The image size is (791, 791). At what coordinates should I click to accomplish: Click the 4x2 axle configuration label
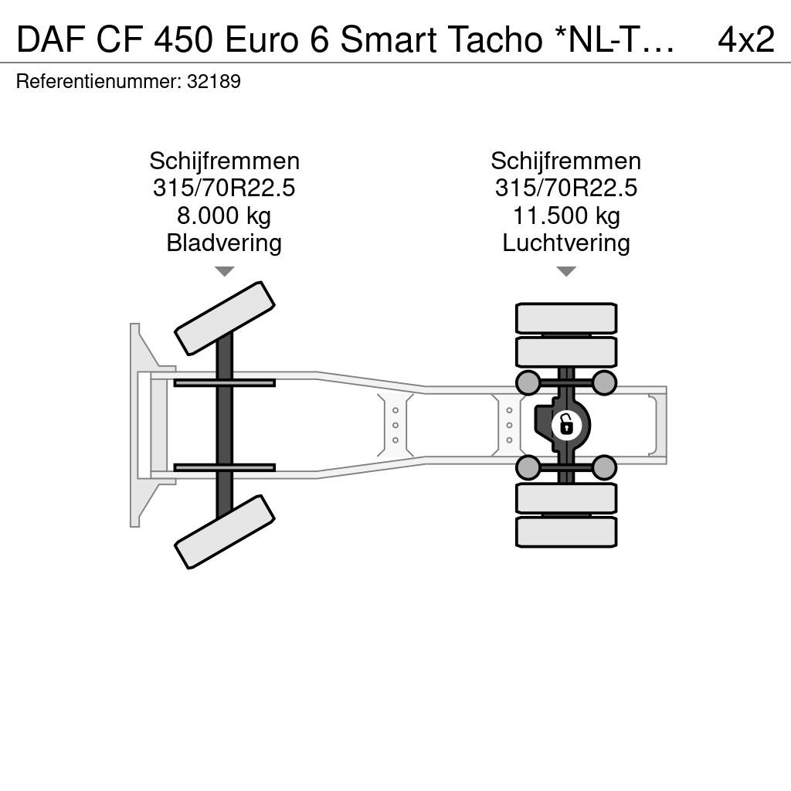745,39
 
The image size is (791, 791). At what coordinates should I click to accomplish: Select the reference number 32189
214,81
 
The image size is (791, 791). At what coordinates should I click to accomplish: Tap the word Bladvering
224,243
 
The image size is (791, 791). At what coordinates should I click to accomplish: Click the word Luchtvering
566,243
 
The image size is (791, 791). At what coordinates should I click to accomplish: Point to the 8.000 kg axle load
224,216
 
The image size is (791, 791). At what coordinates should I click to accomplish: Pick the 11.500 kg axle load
566,216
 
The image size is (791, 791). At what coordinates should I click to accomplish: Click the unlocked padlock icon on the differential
567,425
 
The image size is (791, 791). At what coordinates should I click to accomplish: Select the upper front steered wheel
225,318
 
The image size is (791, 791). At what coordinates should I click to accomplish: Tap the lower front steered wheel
225,531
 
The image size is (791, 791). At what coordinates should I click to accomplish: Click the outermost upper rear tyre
566,318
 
